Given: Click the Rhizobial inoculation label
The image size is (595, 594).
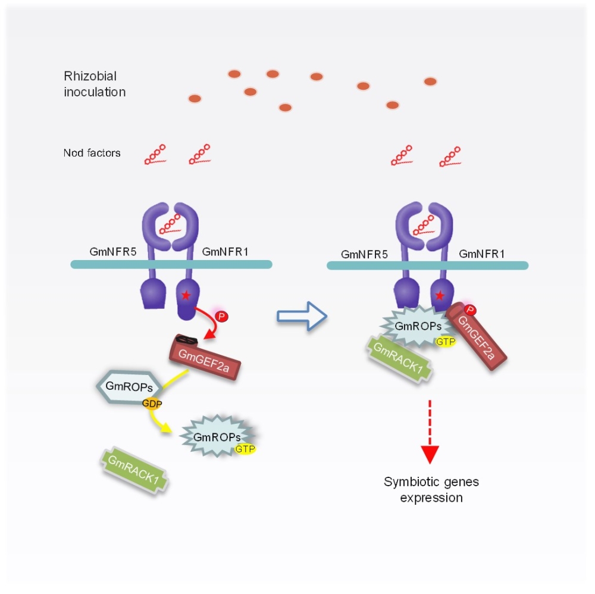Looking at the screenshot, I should pos(95,84).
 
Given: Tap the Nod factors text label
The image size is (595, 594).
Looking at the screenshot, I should pos(92,153).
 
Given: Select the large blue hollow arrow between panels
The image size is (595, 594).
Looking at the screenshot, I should pos(302,315).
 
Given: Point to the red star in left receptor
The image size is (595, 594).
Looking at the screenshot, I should pos(186,295).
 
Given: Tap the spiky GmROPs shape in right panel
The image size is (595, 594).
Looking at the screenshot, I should pos(413,326).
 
